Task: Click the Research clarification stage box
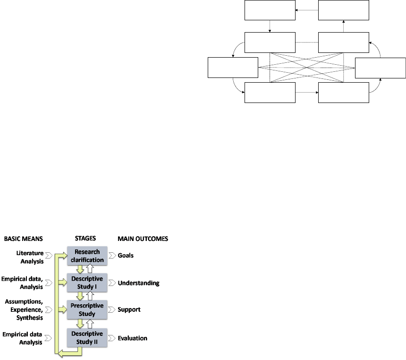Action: click(x=87, y=256)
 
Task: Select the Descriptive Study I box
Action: click(x=87, y=283)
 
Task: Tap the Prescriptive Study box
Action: click(x=87, y=309)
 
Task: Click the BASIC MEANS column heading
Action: click(x=22, y=239)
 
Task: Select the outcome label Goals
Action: click(x=126, y=256)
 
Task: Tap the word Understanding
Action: click(x=138, y=283)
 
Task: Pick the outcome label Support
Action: click(x=129, y=309)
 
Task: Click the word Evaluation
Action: click(x=132, y=338)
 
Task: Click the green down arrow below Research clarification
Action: click(x=81, y=269)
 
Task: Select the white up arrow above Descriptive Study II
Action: click(x=93, y=324)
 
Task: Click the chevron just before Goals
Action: click(x=112, y=256)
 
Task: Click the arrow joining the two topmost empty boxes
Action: click(x=306, y=10)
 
